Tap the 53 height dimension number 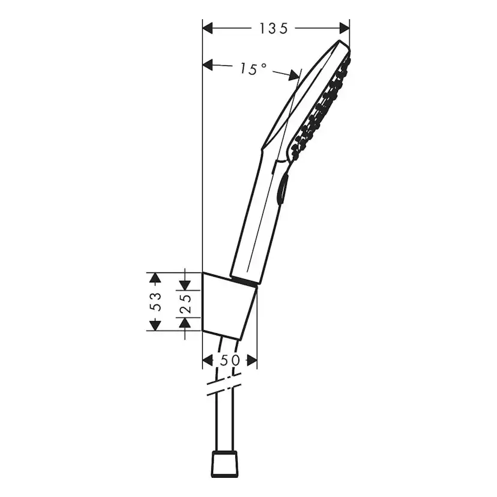pos(155,301)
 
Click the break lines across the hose pos(223,384)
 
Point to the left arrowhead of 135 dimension pos(208,28)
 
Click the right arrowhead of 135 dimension pos(344,28)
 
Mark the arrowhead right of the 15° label pos(294,75)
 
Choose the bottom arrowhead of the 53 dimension pos(155,325)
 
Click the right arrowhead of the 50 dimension pos(252,360)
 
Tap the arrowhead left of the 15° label pos(208,64)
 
